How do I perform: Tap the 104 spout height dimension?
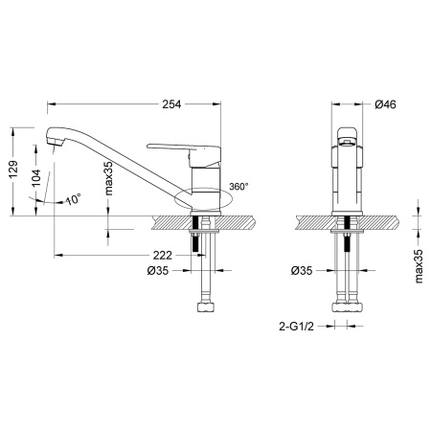click(x=36, y=178)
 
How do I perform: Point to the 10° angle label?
click(x=73, y=199)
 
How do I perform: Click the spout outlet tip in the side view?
click(x=52, y=145)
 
